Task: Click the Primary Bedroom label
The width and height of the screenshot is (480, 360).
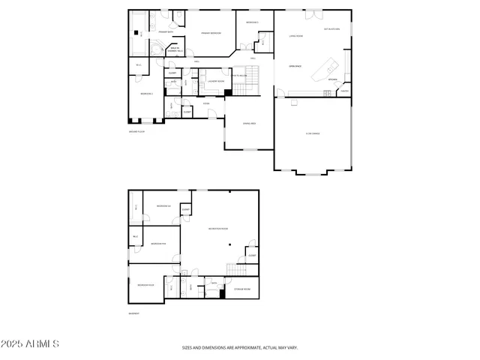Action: click(211, 33)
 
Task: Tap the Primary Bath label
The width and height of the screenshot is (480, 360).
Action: click(166, 32)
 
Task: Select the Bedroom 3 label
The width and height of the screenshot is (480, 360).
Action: click(253, 22)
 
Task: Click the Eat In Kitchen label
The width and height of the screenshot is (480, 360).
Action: click(331, 28)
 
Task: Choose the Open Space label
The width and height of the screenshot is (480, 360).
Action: click(295, 65)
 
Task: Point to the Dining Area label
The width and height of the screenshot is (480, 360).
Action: click(249, 123)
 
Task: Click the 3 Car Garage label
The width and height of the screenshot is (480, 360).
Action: click(313, 133)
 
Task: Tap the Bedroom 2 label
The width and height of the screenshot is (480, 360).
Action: click(146, 93)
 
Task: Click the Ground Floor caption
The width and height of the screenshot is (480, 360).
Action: click(136, 131)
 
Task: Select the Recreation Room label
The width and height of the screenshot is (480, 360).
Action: click(217, 229)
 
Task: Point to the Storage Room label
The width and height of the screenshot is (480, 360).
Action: click(242, 289)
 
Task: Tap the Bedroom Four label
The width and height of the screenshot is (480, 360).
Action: click(145, 285)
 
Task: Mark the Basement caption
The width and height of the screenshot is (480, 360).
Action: click(133, 313)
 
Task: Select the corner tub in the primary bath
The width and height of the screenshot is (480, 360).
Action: click(157, 50)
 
